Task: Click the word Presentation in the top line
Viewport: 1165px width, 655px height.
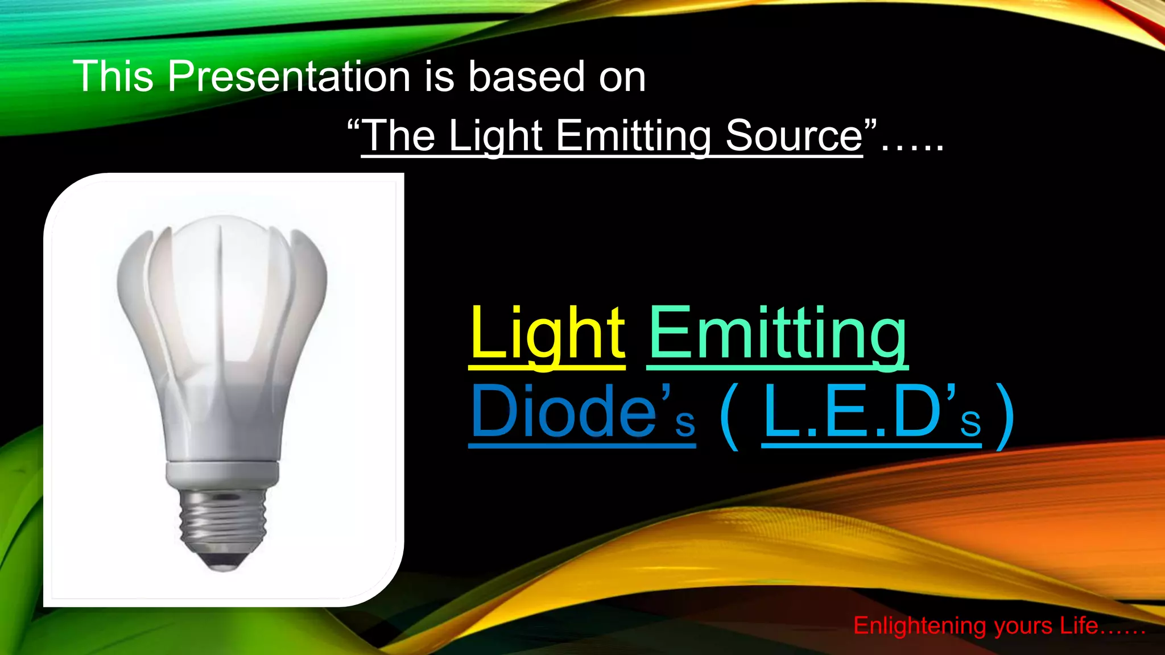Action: tap(288, 77)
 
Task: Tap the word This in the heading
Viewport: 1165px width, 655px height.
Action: tap(113, 77)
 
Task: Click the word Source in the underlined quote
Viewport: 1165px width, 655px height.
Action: tap(794, 136)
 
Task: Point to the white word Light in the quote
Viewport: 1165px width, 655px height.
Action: tap(495, 136)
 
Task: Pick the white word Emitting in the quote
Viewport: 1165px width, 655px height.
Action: tap(634, 136)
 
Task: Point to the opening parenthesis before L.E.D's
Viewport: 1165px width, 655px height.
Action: tap(729, 415)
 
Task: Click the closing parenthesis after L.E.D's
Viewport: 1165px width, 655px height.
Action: tap(1006, 415)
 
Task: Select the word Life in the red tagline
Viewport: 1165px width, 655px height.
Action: tap(1078, 626)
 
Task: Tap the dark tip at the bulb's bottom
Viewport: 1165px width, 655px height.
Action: tap(222, 563)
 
